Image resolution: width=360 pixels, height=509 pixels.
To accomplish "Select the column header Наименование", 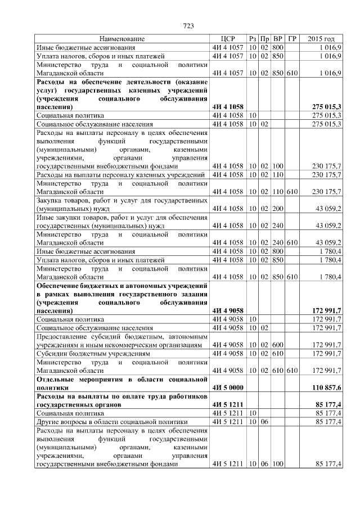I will click(x=122, y=39).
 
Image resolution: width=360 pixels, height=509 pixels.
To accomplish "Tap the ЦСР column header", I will click(x=228, y=39).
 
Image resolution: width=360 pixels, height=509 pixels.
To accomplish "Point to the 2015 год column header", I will click(x=321, y=39).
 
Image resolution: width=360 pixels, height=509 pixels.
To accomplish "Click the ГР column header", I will click(x=292, y=39).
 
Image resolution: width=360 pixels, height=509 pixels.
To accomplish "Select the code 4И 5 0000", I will click(x=228, y=388).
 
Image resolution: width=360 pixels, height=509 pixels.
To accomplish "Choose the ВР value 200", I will click(x=278, y=208).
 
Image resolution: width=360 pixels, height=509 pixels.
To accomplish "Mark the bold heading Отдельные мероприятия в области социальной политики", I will click(x=122, y=384).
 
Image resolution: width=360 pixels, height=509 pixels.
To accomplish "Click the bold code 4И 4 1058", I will click(x=228, y=106).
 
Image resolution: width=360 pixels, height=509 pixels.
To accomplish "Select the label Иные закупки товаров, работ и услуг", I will click(x=122, y=221).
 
